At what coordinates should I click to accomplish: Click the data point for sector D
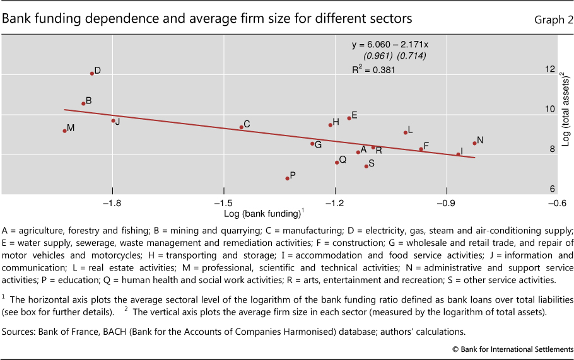tap(92, 74)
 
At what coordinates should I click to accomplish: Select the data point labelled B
tap(83, 103)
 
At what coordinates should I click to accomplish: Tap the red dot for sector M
tap(65, 131)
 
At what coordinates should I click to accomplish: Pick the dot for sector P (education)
tap(288, 178)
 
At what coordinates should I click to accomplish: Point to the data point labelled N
tap(474, 143)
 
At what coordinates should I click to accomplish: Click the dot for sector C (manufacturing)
tap(242, 127)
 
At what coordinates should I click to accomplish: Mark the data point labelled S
tap(366, 166)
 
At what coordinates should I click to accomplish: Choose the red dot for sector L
tap(406, 132)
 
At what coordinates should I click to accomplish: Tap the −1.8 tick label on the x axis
tap(112, 204)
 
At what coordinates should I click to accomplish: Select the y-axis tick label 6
tap(552, 189)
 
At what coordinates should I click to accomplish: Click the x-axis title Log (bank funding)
tap(263, 214)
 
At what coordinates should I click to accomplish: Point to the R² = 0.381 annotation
tap(373, 70)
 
